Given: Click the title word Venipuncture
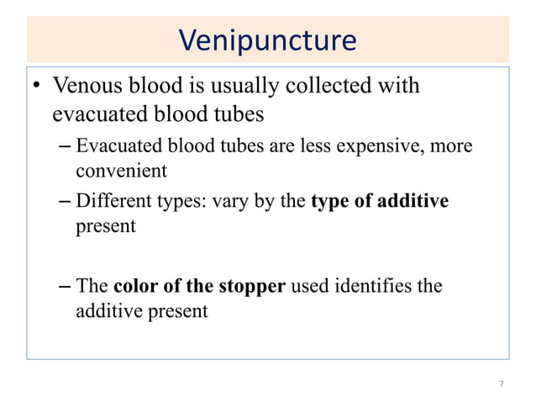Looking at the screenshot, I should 268,40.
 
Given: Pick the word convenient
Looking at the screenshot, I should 122,172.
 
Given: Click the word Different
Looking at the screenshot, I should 113,202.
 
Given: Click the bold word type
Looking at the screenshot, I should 331,202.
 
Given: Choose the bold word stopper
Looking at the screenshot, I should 253,286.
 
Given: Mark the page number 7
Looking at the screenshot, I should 502,384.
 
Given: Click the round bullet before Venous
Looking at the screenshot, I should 38,87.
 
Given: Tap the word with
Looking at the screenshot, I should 402,86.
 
